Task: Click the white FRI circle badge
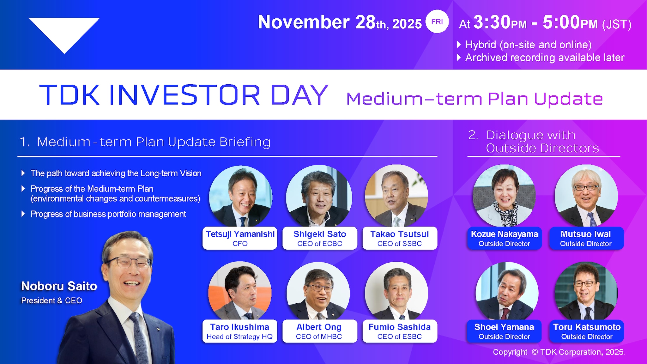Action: point(437,21)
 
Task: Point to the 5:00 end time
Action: point(561,22)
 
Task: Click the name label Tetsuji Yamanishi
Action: point(240,234)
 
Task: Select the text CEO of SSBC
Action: point(399,244)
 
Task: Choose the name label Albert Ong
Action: point(319,327)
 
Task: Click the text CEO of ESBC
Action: point(399,337)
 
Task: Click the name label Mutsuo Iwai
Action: point(586,234)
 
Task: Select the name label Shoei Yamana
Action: point(504,327)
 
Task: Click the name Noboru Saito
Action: point(59,286)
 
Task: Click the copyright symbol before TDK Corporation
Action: point(535,352)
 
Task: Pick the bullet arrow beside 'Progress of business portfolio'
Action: point(23,214)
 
